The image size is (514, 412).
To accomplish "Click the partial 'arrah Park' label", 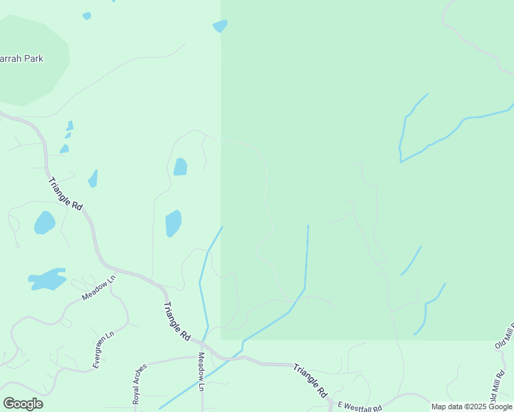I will [x=22, y=58].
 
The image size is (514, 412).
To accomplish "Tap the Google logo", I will [x=23, y=404].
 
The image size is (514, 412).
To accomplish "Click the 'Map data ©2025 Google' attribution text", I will [x=471, y=407].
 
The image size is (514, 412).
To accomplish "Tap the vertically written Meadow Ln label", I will [x=201, y=372].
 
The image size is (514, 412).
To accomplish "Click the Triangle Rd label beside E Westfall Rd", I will [x=311, y=382].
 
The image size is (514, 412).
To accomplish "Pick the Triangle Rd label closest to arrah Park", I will [x=65, y=194].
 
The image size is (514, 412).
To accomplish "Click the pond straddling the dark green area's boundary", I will [x=220, y=26].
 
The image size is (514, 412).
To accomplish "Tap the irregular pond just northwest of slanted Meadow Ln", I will [x=47, y=279].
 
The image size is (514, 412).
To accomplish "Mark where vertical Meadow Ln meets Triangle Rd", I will [x=201, y=341].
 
